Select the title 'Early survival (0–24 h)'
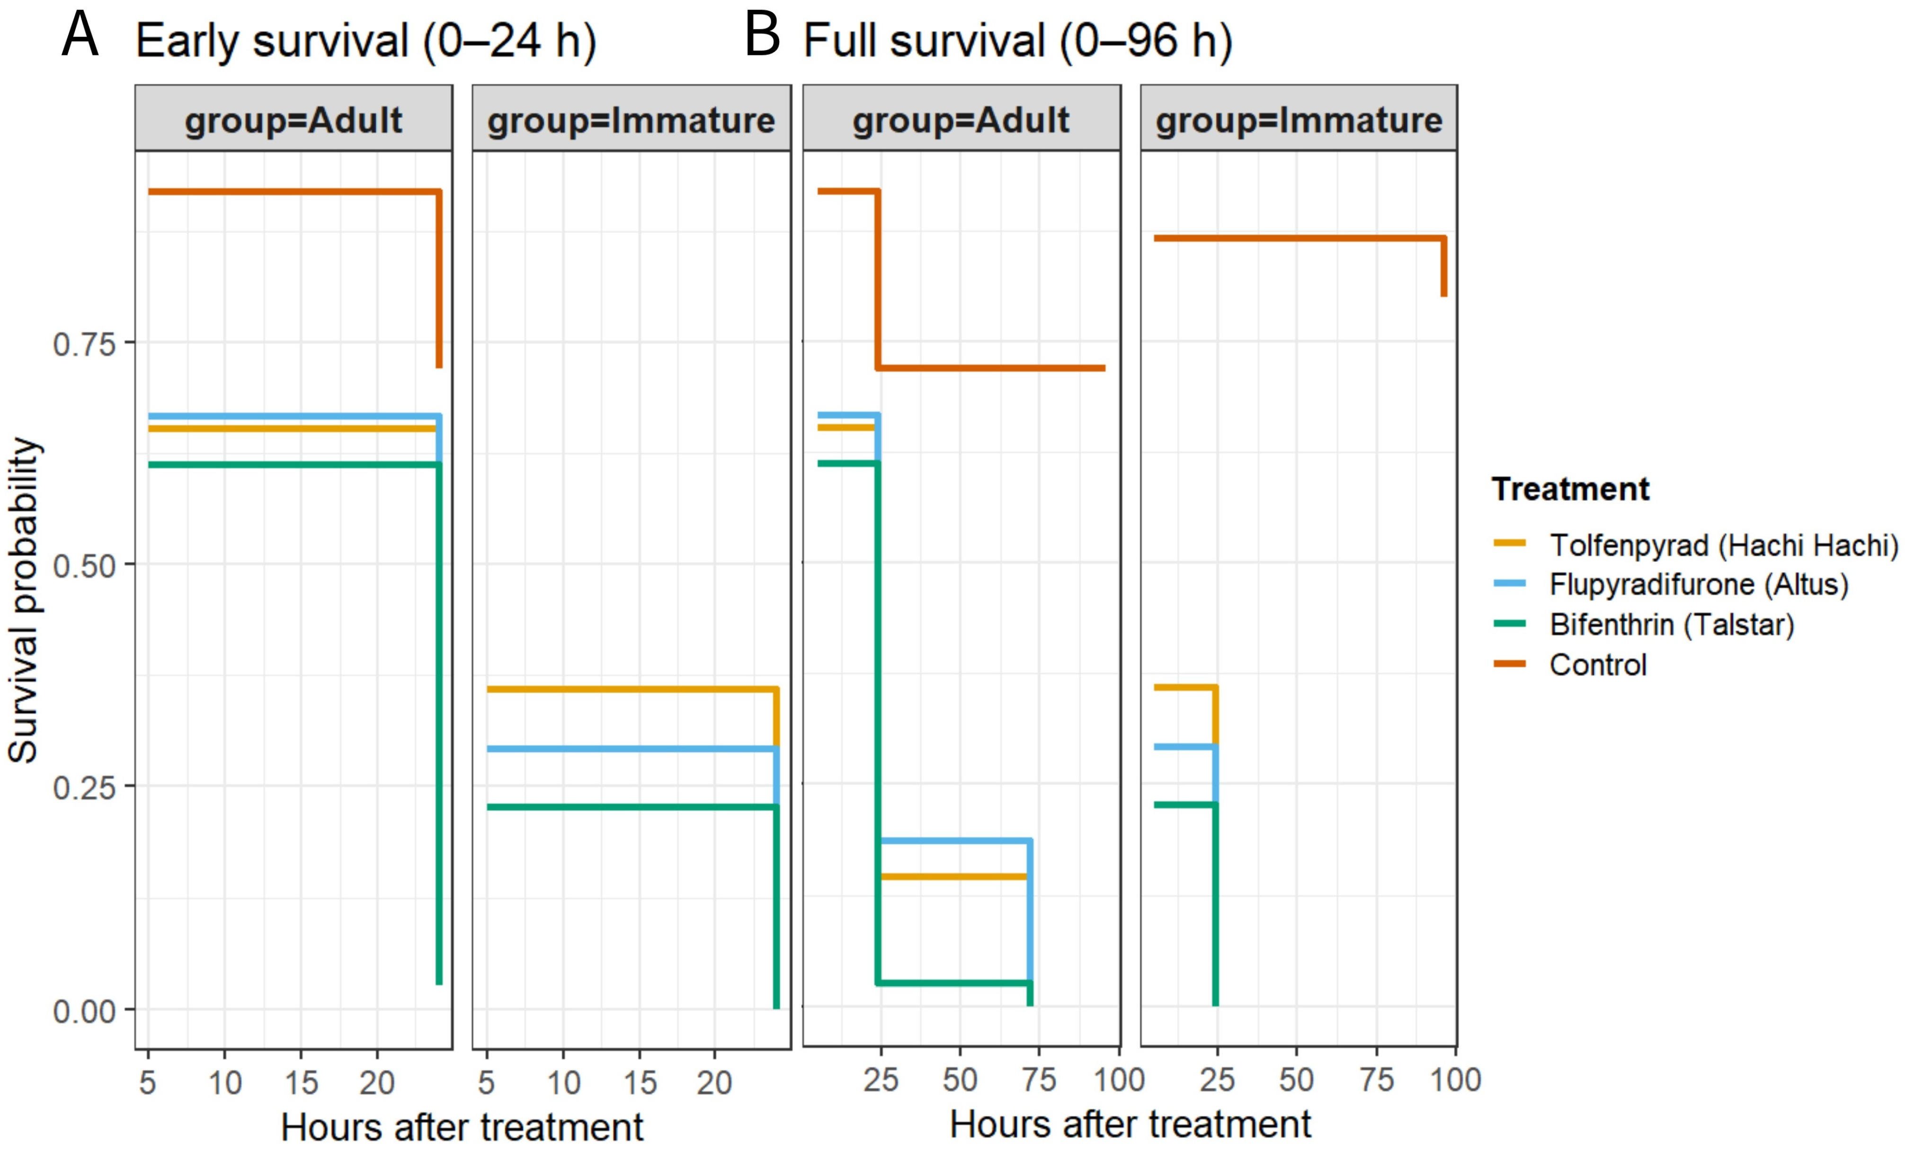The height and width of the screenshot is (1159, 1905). [x=365, y=41]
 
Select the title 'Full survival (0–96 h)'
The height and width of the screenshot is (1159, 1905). [x=1017, y=41]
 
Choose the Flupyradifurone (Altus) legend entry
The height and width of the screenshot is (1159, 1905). [x=1670, y=585]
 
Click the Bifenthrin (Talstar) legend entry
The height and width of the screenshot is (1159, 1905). [x=1643, y=625]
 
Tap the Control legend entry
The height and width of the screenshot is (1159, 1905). [x=1569, y=665]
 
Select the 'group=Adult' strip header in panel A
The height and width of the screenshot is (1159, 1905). [x=294, y=120]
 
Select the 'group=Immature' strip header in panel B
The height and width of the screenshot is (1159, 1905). [x=1299, y=120]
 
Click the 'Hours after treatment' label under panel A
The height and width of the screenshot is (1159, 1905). [x=463, y=1127]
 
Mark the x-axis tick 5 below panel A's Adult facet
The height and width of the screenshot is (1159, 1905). [x=148, y=1082]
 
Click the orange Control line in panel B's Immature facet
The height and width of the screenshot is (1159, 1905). [x=1299, y=238]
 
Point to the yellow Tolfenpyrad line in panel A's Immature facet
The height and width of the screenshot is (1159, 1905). [x=632, y=689]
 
